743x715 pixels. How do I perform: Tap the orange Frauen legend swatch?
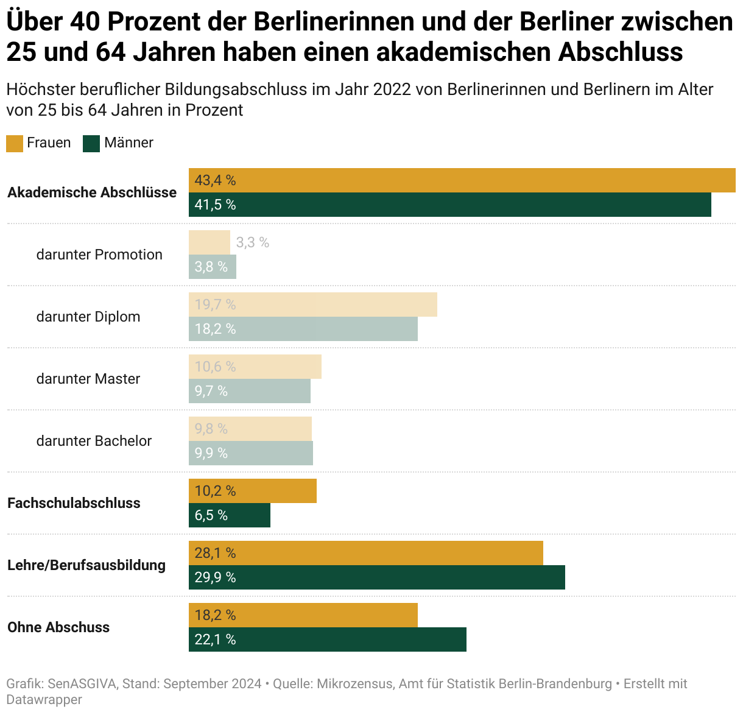[15, 144]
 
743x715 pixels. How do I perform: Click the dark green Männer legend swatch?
[91, 144]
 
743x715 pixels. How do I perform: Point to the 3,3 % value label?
[252, 242]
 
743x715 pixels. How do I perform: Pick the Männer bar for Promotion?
[212, 267]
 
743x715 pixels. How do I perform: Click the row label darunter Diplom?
[88, 317]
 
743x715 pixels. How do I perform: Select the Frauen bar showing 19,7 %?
[312, 305]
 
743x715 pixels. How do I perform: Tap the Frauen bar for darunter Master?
[255, 367]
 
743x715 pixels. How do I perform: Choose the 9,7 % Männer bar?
[249, 391]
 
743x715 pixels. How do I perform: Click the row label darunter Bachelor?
[94, 441]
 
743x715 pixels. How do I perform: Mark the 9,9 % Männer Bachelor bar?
[250, 453]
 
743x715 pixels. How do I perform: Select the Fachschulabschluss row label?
[74, 503]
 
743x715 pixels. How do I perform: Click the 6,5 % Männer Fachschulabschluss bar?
[229, 515]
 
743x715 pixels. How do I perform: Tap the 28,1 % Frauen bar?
[365, 553]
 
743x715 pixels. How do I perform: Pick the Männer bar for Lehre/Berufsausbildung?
[376, 577]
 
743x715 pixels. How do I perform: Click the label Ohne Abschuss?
[58, 627]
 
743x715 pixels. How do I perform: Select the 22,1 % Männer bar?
[327, 639]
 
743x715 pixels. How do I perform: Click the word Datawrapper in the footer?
[44, 700]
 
